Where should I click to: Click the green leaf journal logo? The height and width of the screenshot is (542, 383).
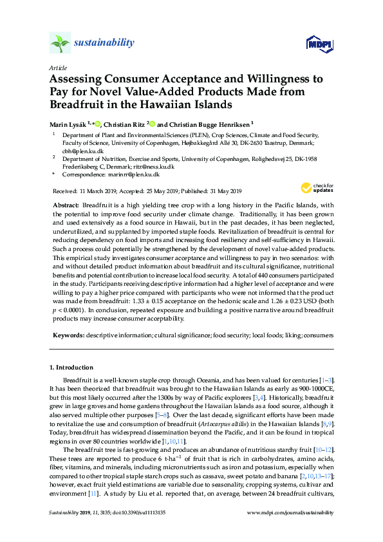tap(60, 43)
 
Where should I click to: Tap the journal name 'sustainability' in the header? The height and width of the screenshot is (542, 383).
tap(104, 43)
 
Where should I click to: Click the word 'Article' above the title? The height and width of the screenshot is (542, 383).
tap(58, 67)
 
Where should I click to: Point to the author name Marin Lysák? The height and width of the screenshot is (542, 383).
tap(70, 123)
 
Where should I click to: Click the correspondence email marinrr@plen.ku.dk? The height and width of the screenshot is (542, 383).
tap(134, 174)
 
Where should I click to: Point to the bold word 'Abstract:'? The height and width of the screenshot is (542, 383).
tap(68, 203)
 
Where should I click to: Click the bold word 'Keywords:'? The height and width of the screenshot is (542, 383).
tap(68, 335)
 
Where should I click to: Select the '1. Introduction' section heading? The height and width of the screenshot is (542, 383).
tap(71, 368)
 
